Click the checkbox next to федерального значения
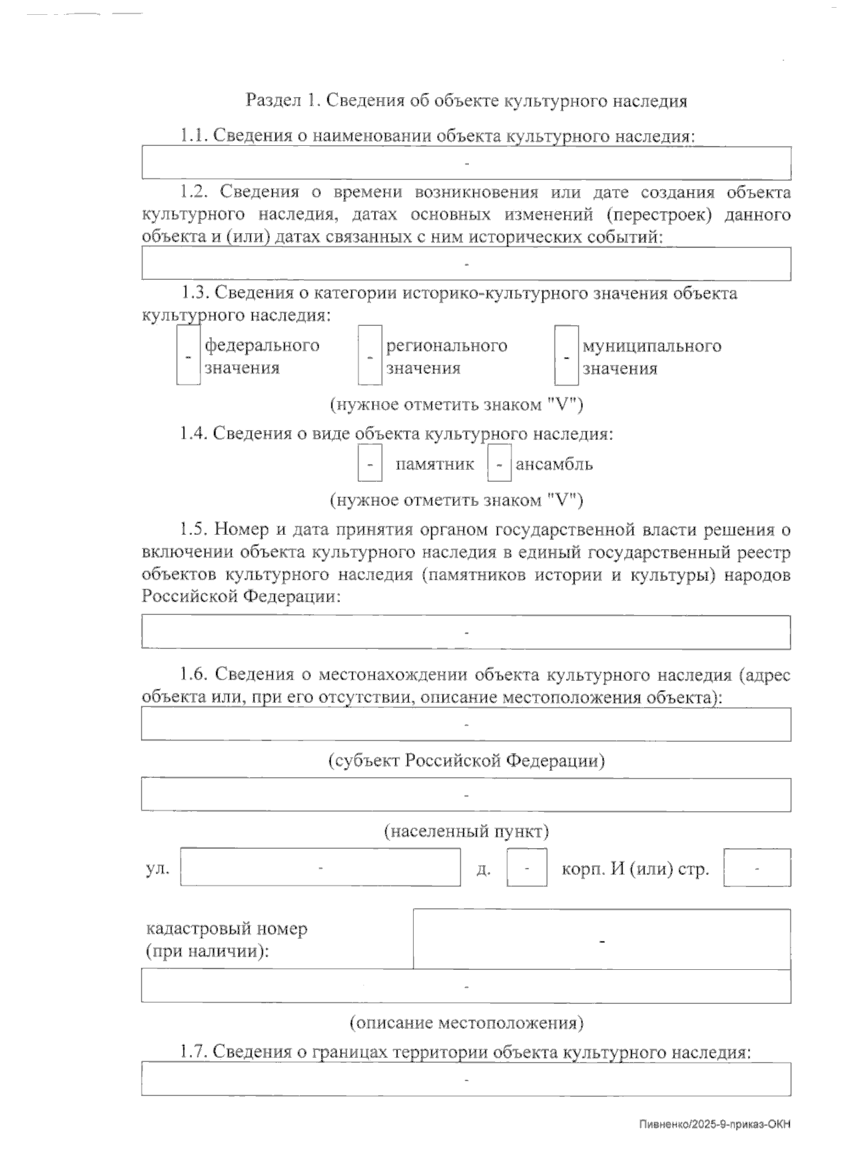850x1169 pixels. click(188, 355)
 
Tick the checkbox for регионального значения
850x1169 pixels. click(370, 355)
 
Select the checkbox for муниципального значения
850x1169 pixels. click(566, 355)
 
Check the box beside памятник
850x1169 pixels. click(370, 464)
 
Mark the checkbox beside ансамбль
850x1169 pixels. click(499, 464)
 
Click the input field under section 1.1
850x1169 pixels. click(466, 164)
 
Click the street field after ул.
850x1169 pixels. click(320, 867)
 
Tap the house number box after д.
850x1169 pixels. click(526, 867)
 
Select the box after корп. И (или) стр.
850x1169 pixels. click(756, 867)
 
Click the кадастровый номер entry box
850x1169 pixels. click(601, 939)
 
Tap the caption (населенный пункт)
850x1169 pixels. click(466, 830)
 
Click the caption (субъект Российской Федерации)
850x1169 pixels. click(466, 761)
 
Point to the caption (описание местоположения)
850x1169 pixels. click(466, 1022)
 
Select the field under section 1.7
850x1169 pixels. click(466, 1079)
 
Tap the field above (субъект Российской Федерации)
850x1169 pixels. click(466, 724)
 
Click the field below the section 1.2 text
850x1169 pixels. click(466, 264)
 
